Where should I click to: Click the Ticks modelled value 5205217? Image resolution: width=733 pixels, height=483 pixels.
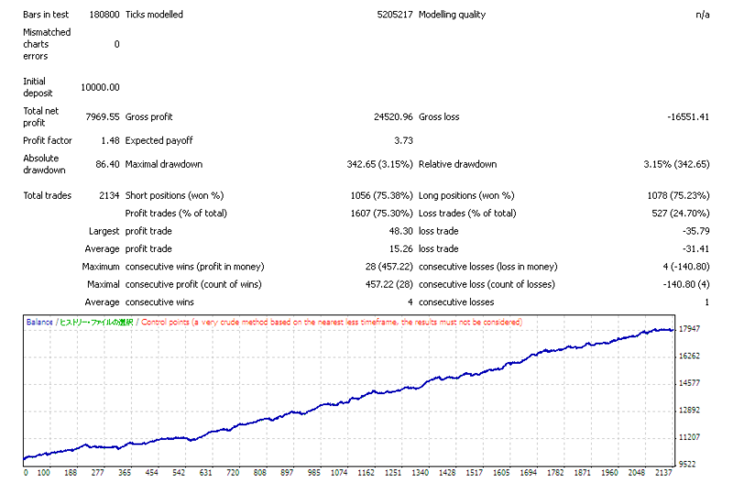tap(395, 15)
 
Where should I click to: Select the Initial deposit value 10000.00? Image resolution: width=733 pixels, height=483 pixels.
tap(100, 87)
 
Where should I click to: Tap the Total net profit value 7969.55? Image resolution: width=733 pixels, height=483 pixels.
tap(103, 117)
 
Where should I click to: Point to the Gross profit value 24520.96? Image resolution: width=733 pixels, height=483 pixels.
tap(393, 117)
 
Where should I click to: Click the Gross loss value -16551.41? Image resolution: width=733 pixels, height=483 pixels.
tap(688, 117)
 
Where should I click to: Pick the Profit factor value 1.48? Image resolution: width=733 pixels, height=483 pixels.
tap(110, 141)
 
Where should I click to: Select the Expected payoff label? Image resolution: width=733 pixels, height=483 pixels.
tap(159, 141)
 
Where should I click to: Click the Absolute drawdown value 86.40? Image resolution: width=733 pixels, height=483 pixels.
tap(107, 165)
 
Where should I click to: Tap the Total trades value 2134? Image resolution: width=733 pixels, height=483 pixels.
tap(109, 196)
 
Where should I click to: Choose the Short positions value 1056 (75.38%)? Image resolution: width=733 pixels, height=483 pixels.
tap(381, 196)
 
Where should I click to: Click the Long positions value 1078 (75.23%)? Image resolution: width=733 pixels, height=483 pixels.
tap(678, 196)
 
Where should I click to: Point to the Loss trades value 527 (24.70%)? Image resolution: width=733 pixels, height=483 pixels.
tap(681, 214)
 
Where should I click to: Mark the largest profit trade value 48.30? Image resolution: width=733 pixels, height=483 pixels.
tap(401, 232)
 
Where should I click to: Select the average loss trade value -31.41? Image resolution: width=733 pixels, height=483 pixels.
tap(695, 249)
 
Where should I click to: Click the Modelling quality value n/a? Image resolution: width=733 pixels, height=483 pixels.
tap(703, 15)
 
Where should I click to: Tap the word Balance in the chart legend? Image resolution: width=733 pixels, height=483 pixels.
tap(39, 323)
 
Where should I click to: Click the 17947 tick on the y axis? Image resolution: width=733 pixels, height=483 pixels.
tap(690, 329)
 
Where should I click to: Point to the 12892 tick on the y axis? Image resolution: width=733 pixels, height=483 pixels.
tap(690, 411)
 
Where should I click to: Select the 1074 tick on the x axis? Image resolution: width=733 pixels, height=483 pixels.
tap(339, 473)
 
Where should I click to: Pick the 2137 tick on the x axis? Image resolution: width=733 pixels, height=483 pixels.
tap(663, 473)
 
